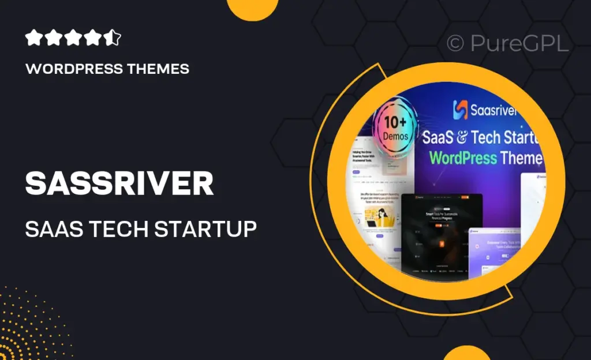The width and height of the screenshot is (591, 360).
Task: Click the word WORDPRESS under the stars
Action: tap(73, 69)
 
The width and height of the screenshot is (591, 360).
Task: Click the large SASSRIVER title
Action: tap(119, 183)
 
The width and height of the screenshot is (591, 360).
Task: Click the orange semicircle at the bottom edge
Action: tap(467, 353)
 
